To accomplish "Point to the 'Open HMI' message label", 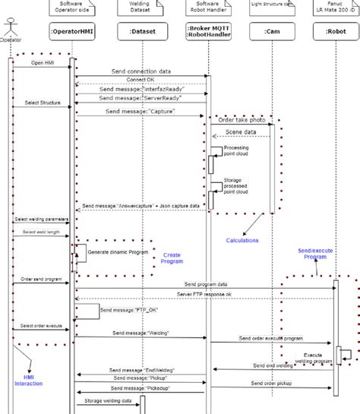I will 43,63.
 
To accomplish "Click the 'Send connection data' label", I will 141,71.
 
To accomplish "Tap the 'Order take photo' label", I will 242,119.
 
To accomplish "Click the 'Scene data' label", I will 240,132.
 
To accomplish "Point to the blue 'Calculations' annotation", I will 242,241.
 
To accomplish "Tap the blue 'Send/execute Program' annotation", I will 311,253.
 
